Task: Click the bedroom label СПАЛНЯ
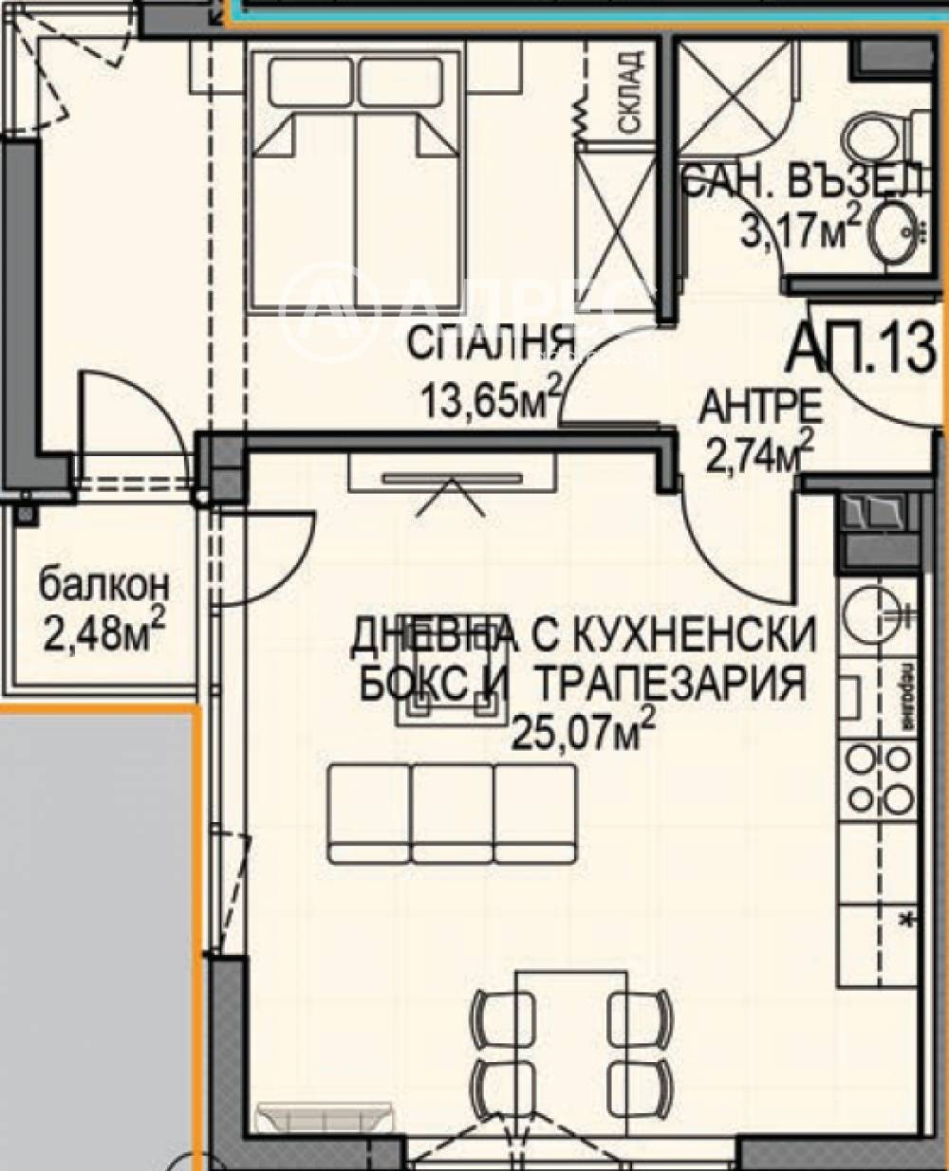point(491,343)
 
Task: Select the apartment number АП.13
point(862,348)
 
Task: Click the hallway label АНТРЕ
point(760,408)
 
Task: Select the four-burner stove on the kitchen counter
point(879,779)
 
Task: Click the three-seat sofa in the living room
point(453,814)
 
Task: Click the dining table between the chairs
point(565,1034)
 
